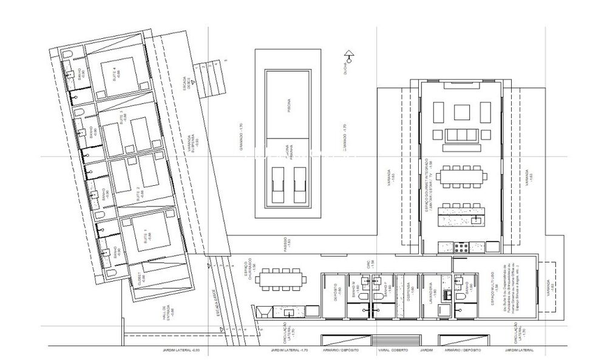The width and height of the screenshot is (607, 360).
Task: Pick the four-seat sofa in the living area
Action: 464,135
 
